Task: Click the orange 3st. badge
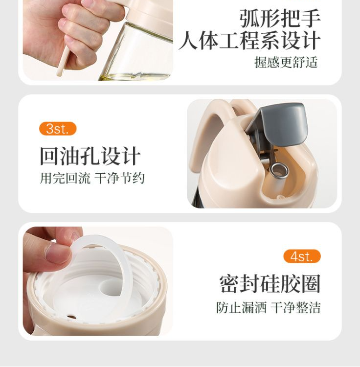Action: pyautogui.click(x=58, y=129)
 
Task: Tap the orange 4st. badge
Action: pyautogui.click(x=302, y=256)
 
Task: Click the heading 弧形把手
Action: pyautogui.click(x=280, y=19)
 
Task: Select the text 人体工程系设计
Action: pyautogui.click(x=249, y=41)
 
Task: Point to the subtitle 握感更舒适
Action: pyautogui.click(x=286, y=62)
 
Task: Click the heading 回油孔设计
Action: pyautogui.click(x=90, y=156)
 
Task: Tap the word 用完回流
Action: pyautogui.click(x=65, y=178)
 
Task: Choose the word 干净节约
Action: pyautogui.click(x=119, y=178)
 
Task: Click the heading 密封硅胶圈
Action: pyautogui.click(x=270, y=284)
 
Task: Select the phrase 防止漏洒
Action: pyautogui.click(x=242, y=307)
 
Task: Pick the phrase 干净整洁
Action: pyautogui.click(x=295, y=307)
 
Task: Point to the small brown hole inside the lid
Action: pyautogui.click(x=72, y=318)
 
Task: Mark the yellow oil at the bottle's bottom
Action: pyautogui.click(x=135, y=76)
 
